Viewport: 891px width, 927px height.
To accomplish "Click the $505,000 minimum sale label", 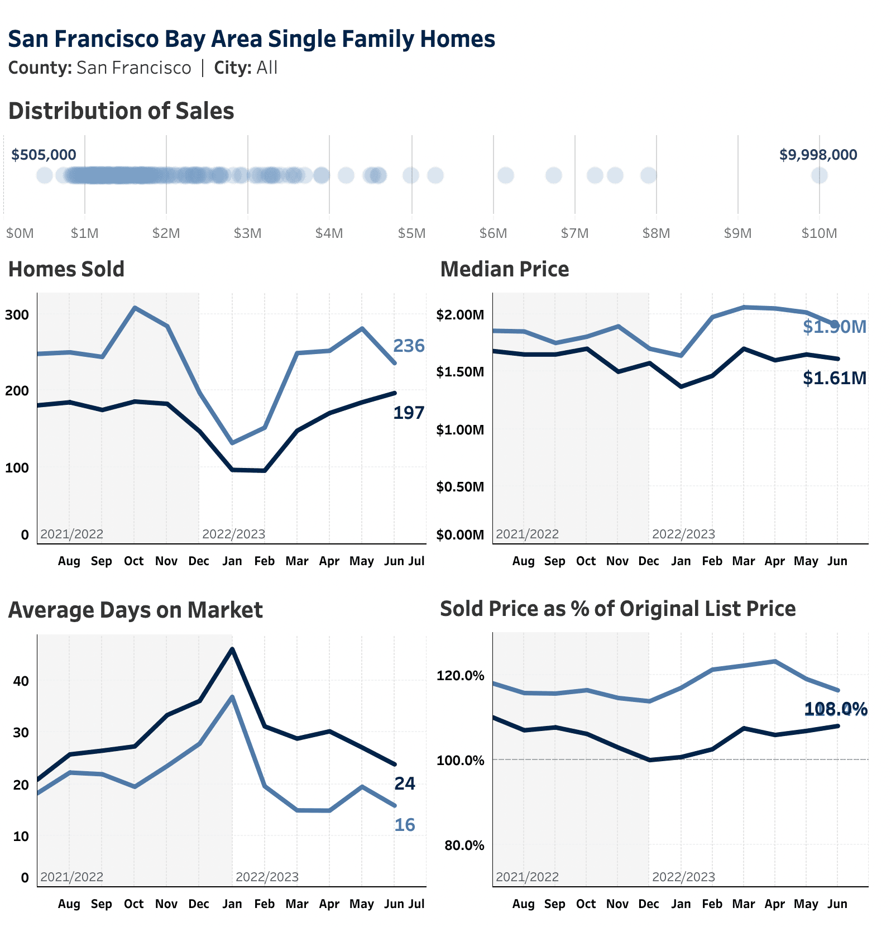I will (x=44, y=155).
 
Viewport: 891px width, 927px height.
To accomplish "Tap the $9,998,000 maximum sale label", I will (x=818, y=155).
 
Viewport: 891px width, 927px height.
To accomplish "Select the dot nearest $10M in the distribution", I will (x=819, y=175).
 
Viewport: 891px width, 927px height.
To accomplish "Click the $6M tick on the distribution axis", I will (x=493, y=233).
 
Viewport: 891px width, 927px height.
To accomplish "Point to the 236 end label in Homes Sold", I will (x=409, y=346).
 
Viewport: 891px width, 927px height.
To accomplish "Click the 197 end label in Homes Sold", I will (x=409, y=413).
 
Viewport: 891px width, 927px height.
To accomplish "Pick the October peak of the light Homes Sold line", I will (x=135, y=307).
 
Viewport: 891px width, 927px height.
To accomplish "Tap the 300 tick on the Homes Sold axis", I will (x=17, y=314).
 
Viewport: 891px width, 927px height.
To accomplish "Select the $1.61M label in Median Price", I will (x=835, y=378).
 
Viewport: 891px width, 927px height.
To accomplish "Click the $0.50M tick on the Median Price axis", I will (x=460, y=486).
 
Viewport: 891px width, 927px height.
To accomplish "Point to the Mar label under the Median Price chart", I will (x=743, y=561).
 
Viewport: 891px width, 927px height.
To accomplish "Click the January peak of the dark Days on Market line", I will (x=232, y=649).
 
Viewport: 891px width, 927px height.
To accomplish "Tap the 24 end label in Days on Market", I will (x=405, y=783).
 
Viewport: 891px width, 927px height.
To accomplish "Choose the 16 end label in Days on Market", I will (x=405, y=825).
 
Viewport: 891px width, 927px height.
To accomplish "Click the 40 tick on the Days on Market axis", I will (x=21, y=681).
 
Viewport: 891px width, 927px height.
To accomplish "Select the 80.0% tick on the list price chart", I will (x=464, y=845).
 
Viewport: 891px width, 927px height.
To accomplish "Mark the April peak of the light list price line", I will (x=774, y=661).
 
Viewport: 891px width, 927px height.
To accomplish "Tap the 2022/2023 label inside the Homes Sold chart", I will (x=233, y=534).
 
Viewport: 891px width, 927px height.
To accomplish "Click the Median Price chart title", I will (x=504, y=269).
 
